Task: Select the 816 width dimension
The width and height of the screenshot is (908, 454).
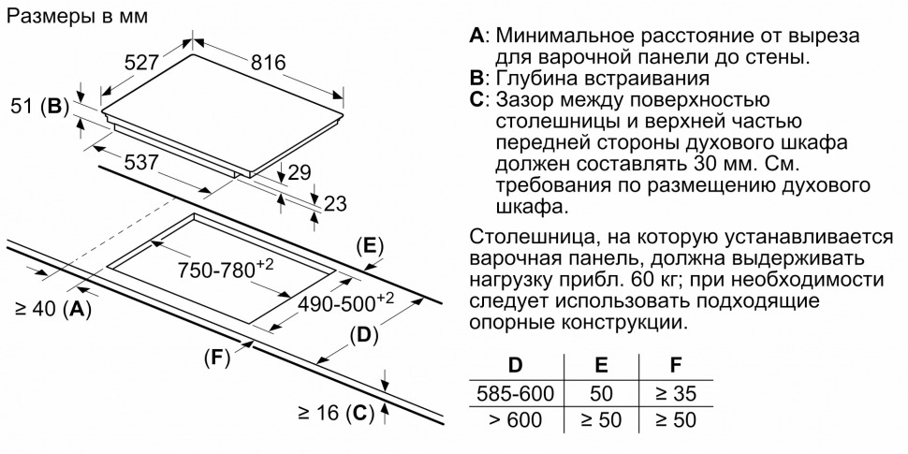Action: click(x=268, y=62)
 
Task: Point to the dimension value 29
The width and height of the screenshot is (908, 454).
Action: click(x=299, y=172)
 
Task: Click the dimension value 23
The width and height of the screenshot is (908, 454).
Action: click(x=334, y=203)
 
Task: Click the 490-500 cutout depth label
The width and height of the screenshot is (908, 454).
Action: click(x=345, y=303)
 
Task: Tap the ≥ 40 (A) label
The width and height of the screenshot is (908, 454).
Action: click(x=53, y=309)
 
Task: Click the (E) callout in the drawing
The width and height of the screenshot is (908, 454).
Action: click(x=370, y=246)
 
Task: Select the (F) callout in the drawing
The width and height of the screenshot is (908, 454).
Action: click(x=217, y=359)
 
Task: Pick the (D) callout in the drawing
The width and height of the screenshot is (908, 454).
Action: click(x=363, y=335)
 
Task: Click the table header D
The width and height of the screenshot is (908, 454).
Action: click(x=515, y=365)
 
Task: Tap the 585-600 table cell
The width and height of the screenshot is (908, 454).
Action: click(x=516, y=394)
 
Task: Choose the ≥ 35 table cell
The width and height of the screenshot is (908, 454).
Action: click(x=676, y=394)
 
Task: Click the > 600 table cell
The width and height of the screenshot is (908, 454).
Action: click(x=516, y=419)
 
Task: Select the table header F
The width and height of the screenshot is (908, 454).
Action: click(x=675, y=365)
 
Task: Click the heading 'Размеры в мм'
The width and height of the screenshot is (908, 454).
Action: click(x=77, y=17)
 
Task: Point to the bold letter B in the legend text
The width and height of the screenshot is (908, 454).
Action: click(x=476, y=79)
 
